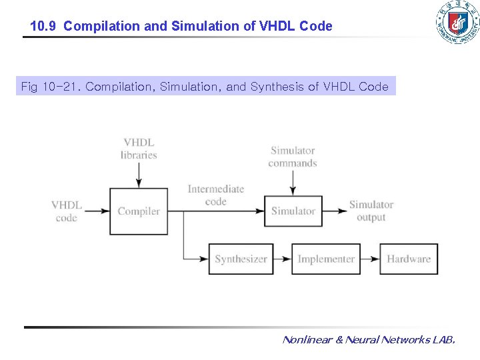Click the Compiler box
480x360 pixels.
point(139,211)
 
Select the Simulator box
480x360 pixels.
point(293,211)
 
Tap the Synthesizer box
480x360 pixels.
point(241,259)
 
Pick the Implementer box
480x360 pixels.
point(326,259)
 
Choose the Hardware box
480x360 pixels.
point(409,259)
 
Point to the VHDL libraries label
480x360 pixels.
point(139,149)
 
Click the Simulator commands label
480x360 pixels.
point(292,157)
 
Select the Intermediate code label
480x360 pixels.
point(215,195)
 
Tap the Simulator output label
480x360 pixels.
point(371,211)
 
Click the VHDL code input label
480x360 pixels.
point(67,211)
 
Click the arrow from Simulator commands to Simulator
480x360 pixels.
point(292,183)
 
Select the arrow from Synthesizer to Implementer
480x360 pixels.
point(283,259)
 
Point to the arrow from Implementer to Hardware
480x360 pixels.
point(370,259)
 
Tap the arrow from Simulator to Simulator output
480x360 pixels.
point(335,211)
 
